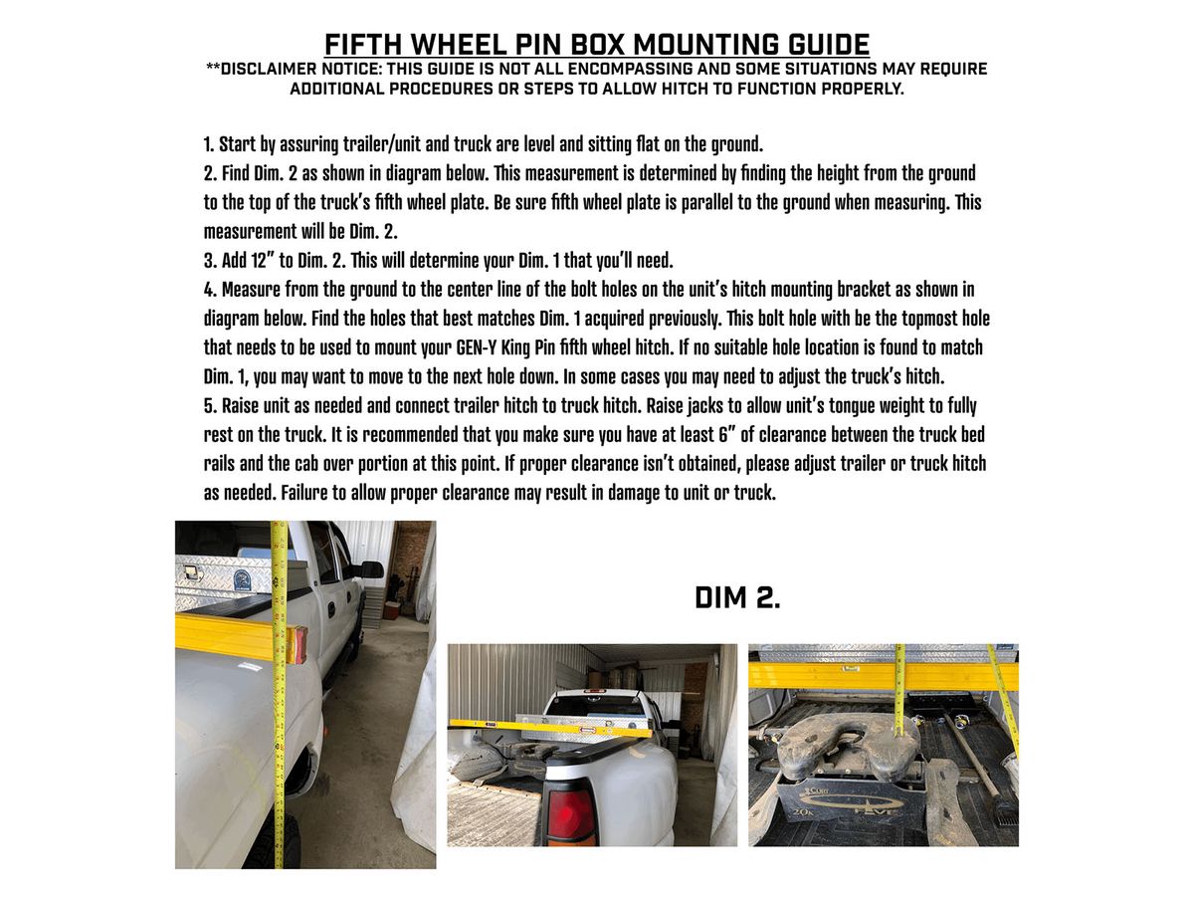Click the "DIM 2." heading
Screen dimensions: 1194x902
737,597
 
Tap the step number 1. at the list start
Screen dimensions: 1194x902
208,144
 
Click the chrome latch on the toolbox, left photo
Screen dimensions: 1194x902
191,571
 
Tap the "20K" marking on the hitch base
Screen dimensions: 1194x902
800,811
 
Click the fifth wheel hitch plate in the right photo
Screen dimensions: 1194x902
847,746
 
